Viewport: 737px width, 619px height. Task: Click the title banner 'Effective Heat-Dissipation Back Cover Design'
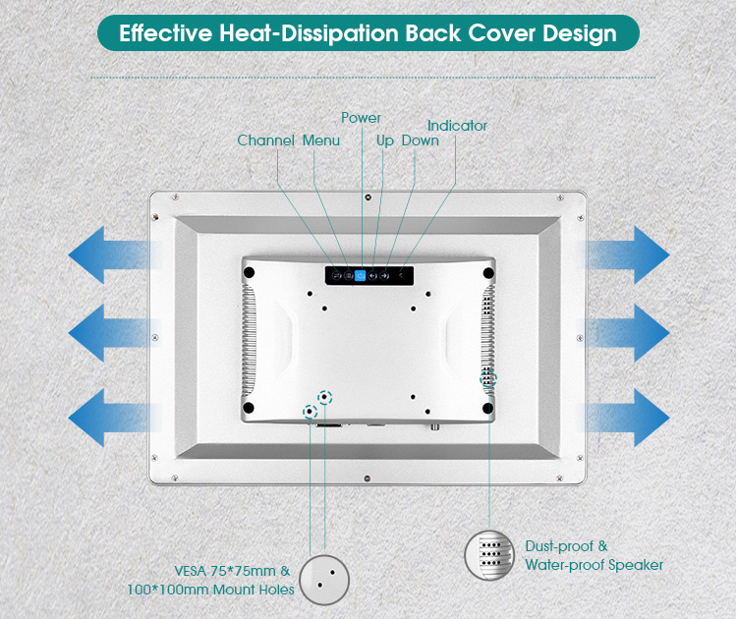(368, 32)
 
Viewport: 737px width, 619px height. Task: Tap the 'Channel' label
(265, 141)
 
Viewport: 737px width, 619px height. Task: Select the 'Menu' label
(321, 141)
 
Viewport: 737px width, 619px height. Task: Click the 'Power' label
(361, 118)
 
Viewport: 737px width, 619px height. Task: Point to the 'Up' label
(385, 141)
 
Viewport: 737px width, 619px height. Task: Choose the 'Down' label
(420, 141)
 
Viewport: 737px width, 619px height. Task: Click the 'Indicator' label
(457, 126)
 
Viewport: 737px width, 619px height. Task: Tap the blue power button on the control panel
(361, 276)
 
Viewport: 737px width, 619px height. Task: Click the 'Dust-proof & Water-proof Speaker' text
(594, 555)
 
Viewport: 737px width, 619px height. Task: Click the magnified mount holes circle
(324, 580)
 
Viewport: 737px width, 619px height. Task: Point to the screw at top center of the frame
(367, 197)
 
